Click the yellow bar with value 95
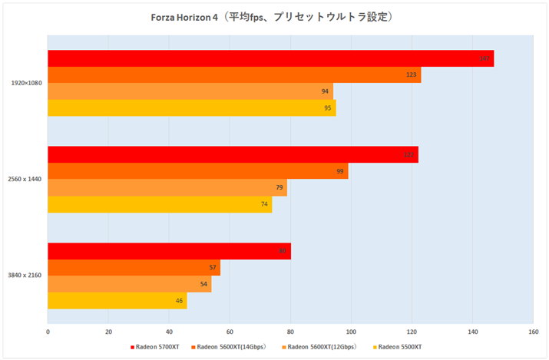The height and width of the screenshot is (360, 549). (x=191, y=107)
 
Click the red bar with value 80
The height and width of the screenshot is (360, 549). (x=169, y=251)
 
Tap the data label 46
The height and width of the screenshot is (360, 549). (x=180, y=301)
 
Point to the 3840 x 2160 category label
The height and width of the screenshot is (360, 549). (x=26, y=276)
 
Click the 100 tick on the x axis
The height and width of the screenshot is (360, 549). (x=351, y=332)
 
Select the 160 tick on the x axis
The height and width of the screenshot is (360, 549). (x=532, y=332)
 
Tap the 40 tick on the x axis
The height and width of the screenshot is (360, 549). (x=169, y=332)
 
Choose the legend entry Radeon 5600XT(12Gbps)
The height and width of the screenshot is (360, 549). (x=322, y=348)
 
